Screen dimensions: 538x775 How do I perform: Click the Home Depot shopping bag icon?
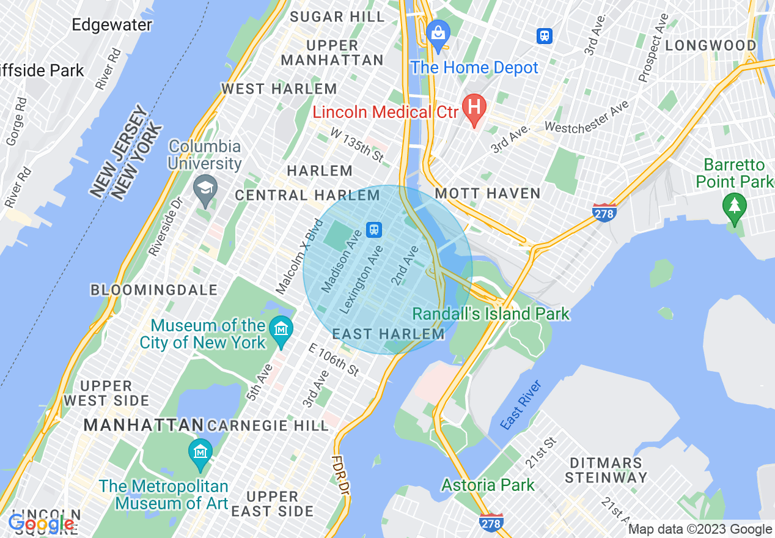click(438, 32)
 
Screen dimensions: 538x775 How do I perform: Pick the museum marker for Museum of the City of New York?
click(281, 329)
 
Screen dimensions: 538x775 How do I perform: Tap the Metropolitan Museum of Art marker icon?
click(200, 452)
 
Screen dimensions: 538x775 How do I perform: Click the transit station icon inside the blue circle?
click(373, 230)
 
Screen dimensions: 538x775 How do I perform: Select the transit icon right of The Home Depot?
click(544, 36)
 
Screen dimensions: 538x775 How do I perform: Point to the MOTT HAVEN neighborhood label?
click(487, 194)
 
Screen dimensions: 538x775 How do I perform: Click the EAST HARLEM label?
click(388, 334)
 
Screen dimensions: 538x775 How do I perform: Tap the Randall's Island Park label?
click(491, 314)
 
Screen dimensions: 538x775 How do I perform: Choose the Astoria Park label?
click(488, 485)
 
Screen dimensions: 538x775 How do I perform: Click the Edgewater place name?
click(112, 25)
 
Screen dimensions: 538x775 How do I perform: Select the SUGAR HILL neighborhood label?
click(337, 17)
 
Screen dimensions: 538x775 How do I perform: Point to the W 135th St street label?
click(358, 145)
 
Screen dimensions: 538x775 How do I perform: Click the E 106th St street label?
click(334, 359)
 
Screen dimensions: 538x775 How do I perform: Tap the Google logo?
click(42, 524)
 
